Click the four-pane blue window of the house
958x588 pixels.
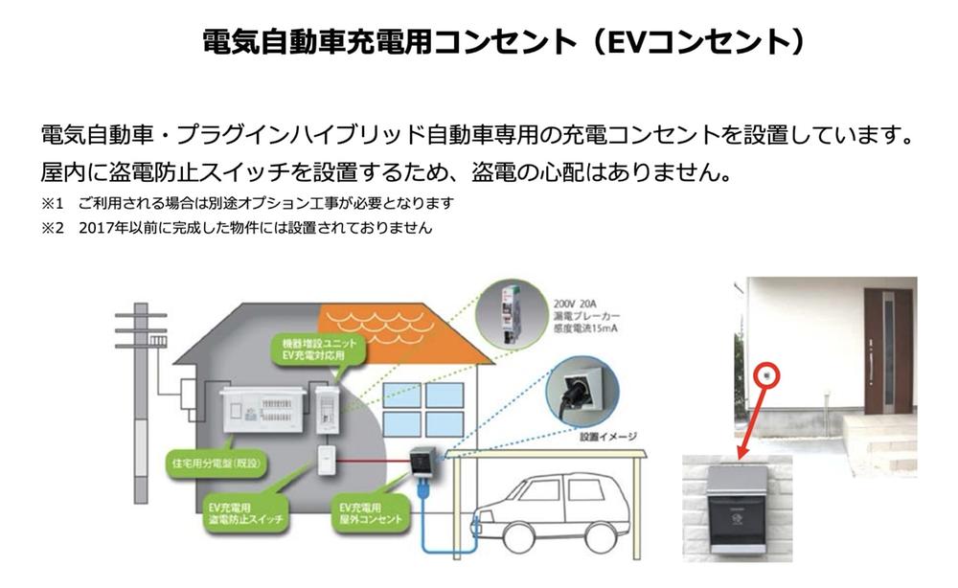pos(422,410)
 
